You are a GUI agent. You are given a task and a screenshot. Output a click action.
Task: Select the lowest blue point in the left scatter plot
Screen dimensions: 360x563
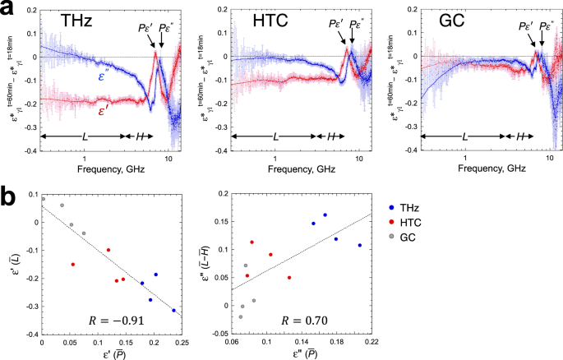coord(173,311)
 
